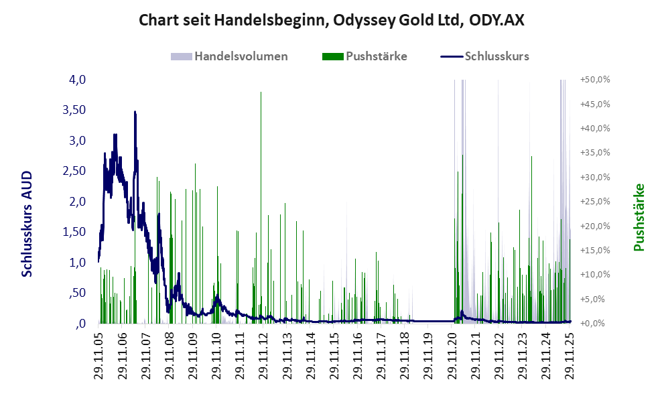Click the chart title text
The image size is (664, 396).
[332, 20]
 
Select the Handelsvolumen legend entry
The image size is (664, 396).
[230, 56]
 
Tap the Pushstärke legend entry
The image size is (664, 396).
[365, 56]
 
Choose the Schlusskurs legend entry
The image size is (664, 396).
[485, 56]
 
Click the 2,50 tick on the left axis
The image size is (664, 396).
[74, 171]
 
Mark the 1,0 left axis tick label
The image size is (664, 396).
[78, 263]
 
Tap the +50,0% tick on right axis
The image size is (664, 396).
[594, 80]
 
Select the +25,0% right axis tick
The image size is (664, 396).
[594, 201]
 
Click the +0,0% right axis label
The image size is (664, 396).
[596, 324]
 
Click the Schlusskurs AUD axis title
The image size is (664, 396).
[27, 223]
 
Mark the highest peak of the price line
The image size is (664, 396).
[135, 112]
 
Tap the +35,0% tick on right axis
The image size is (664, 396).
[594, 153]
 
